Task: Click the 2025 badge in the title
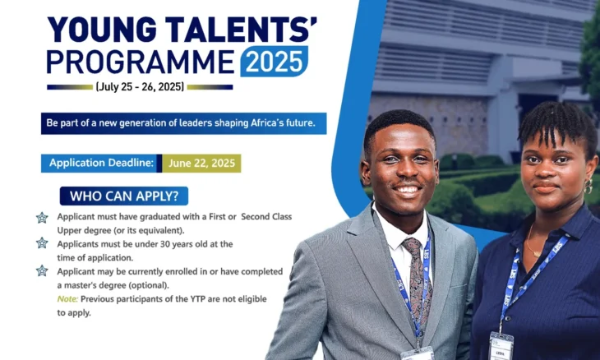click(274, 61)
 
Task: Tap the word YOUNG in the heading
click(101, 30)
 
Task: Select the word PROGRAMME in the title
click(141, 62)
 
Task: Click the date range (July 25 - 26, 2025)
click(140, 87)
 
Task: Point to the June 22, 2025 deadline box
click(201, 164)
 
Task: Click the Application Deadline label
click(101, 163)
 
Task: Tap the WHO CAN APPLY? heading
click(124, 196)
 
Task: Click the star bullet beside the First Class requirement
click(42, 218)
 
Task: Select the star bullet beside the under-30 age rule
click(42, 243)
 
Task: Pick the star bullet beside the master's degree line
click(42, 271)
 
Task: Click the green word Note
click(67, 299)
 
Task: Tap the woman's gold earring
click(588, 186)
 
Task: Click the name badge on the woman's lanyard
click(501, 346)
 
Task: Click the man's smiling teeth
click(407, 190)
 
